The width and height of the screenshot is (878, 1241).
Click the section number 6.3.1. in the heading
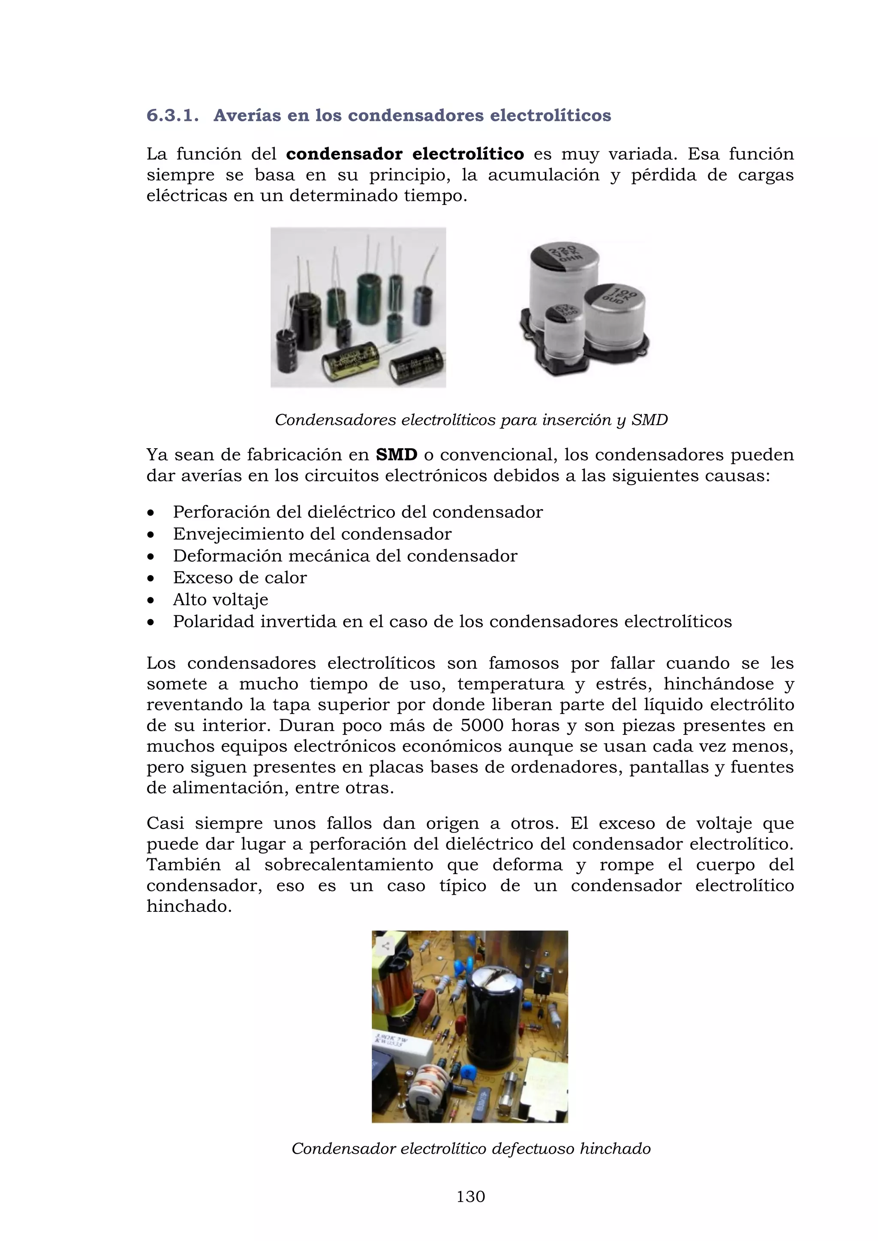(172, 115)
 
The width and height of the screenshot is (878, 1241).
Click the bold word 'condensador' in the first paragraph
(344, 154)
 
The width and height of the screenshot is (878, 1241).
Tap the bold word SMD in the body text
(396, 455)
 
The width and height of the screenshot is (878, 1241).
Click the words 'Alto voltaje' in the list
(221, 600)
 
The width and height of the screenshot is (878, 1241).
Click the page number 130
(470, 1197)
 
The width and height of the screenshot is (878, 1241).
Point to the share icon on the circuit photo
(385, 946)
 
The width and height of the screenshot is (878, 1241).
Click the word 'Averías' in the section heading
(247, 115)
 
